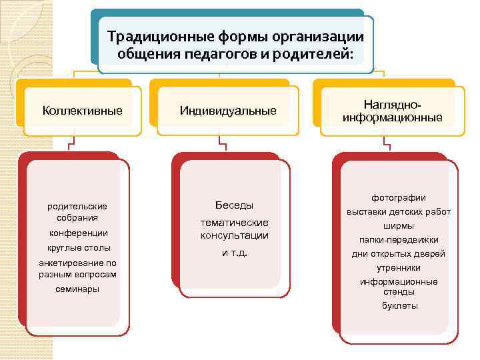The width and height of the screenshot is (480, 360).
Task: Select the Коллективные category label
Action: point(82,111)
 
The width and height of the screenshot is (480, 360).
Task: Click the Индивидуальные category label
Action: point(228,111)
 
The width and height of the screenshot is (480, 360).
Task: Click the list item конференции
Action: point(79,233)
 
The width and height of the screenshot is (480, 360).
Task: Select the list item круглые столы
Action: point(79,248)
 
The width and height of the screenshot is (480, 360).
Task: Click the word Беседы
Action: point(234,205)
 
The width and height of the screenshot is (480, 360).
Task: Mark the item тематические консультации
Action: point(234,229)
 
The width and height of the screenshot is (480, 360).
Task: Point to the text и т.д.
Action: point(234,253)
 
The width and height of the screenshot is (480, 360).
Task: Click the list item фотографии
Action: point(399,198)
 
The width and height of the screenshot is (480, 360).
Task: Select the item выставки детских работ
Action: point(399,212)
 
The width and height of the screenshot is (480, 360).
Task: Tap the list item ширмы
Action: point(399,226)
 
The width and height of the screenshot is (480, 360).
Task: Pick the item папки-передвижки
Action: point(399,240)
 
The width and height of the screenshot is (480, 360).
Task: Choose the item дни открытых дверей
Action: point(399,254)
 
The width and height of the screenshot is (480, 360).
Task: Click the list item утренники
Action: point(399,267)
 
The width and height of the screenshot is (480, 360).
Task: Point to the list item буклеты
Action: point(399,306)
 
